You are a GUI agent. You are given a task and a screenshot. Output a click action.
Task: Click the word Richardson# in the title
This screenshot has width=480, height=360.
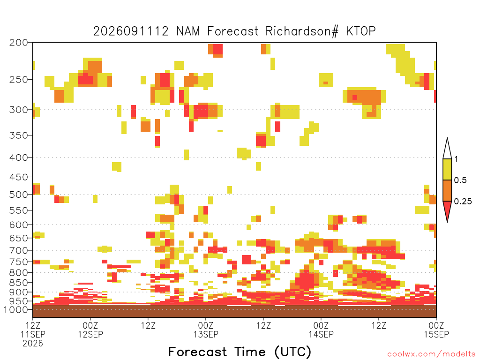click(302, 31)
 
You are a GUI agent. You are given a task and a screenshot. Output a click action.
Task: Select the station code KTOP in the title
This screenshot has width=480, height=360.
click(361, 31)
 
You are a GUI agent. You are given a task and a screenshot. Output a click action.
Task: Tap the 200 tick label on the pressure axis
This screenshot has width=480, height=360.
click(19, 43)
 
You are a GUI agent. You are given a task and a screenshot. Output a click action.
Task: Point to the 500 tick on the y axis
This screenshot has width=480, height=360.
click(19, 195)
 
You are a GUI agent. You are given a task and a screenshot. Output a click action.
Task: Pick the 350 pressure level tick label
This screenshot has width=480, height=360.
click(19, 135)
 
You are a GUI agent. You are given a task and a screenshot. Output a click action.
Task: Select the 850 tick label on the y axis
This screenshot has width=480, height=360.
click(19, 283)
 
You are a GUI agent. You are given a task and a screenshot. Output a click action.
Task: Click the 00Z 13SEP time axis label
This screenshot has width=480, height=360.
click(206, 330)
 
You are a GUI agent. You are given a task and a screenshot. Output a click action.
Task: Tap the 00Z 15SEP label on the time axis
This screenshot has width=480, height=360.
click(436, 330)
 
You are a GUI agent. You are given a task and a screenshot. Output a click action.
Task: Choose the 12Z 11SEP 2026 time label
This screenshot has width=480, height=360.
click(33, 334)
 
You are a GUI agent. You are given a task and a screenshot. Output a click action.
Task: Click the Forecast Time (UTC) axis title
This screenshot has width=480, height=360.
click(240, 352)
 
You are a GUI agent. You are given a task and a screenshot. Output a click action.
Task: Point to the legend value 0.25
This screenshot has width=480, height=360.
click(463, 201)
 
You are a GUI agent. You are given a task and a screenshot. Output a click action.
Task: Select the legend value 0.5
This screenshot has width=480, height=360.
click(460, 180)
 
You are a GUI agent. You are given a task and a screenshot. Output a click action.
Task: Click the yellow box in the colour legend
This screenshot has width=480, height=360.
click(447, 169)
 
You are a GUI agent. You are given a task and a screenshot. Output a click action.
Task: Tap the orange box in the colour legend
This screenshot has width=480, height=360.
click(447, 190)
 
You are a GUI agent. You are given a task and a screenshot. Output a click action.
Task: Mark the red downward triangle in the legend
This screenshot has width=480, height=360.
click(447, 210)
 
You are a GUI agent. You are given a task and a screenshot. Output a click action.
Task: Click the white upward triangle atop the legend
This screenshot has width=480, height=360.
click(447, 150)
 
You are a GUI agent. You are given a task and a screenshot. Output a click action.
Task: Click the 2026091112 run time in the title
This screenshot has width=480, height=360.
click(131, 31)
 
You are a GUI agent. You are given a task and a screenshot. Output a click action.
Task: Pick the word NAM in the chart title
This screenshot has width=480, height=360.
click(188, 31)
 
